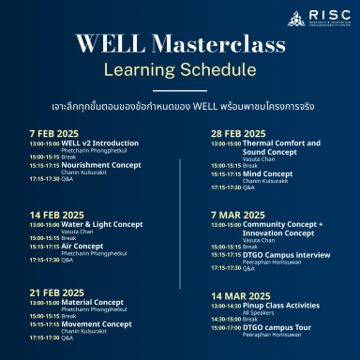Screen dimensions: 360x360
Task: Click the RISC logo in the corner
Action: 314,18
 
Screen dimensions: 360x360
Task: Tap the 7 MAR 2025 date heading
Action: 239,215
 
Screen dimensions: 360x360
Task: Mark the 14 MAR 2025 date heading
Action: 241,295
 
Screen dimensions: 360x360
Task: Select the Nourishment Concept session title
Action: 101,164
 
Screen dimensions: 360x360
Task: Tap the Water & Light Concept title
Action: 102,224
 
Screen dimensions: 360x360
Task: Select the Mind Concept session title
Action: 267,172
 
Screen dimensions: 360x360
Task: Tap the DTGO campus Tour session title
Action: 277,327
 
